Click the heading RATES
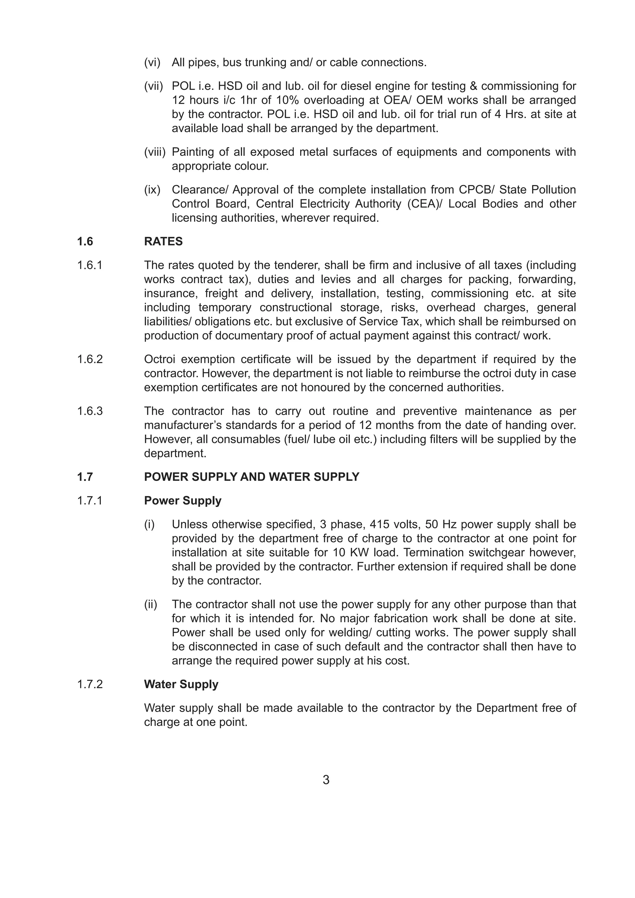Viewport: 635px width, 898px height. coord(163,241)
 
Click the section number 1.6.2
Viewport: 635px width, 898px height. coord(90,359)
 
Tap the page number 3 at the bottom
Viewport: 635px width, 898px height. coord(326,780)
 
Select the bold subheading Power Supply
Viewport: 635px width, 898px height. coord(182,501)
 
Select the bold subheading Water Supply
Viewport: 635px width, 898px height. coord(181,684)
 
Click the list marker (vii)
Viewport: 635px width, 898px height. coord(153,86)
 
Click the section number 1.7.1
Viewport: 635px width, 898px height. coord(90,501)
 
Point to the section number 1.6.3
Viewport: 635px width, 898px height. coord(90,411)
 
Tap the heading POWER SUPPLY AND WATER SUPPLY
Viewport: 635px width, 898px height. coord(251,477)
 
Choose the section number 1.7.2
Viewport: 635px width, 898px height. coord(90,684)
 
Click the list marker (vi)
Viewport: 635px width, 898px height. coord(152,63)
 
